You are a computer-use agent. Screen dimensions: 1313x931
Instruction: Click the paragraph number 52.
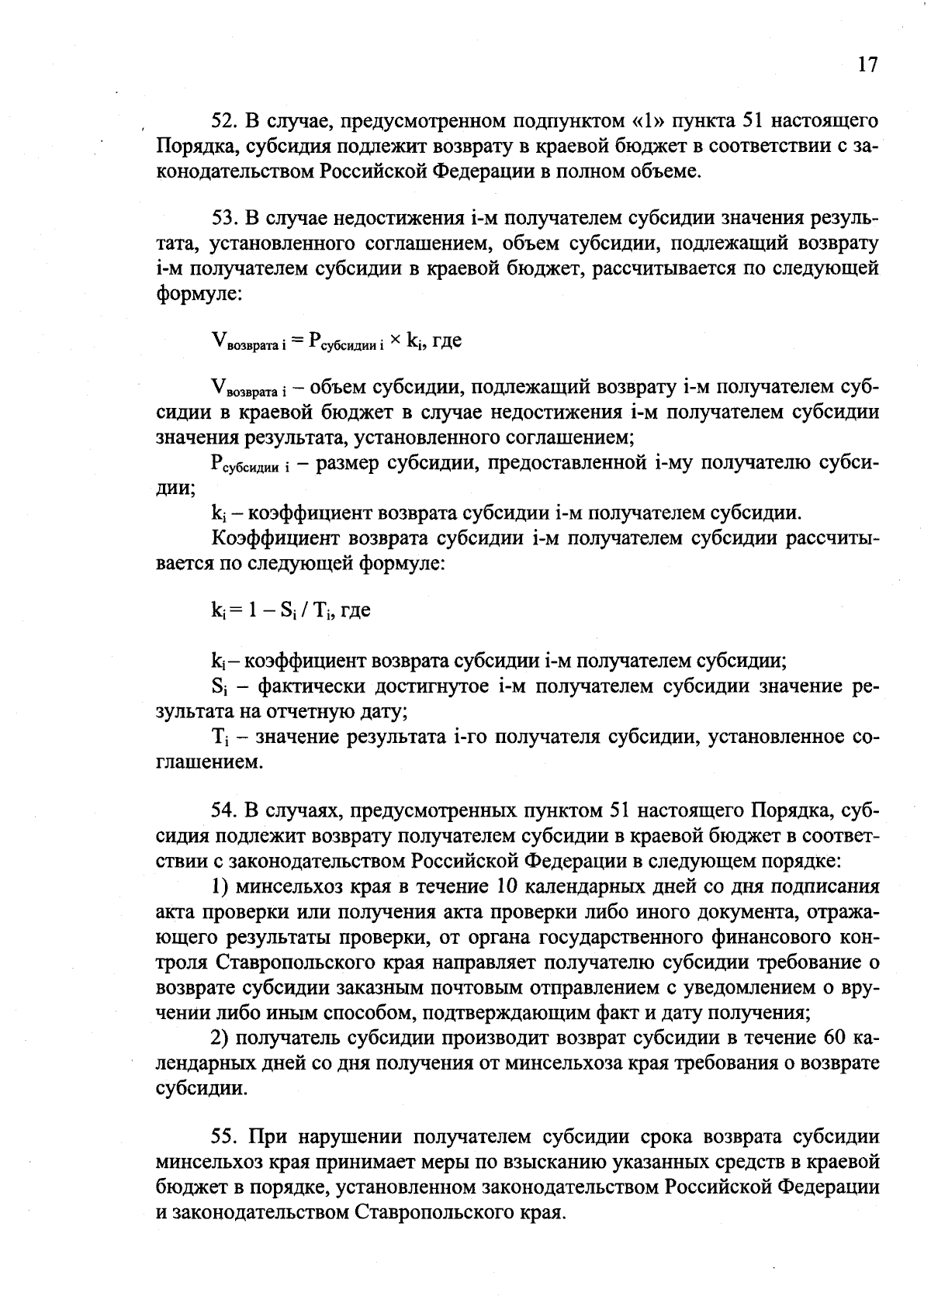tap(223, 121)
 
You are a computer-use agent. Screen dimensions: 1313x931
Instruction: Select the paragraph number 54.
tap(223, 810)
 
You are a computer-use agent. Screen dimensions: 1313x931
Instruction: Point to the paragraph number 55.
tap(223, 1137)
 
